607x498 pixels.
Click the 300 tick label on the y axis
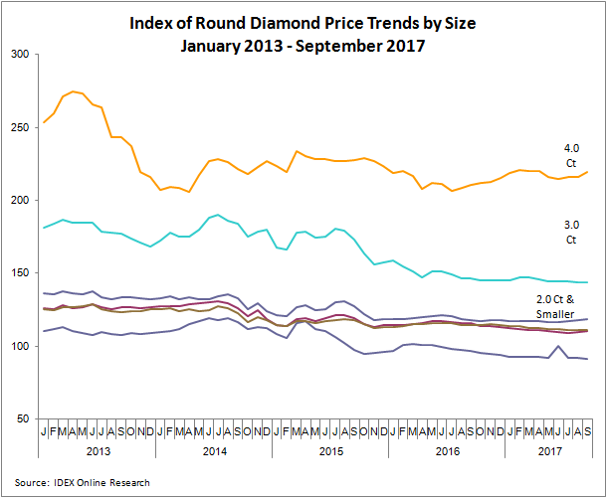pyautogui.click(x=20, y=55)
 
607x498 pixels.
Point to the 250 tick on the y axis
pyautogui.click(x=20, y=127)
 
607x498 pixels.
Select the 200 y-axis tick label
pyautogui.click(x=20, y=200)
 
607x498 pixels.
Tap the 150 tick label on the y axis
pyautogui.click(x=20, y=273)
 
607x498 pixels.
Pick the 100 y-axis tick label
pyautogui.click(x=20, y=346)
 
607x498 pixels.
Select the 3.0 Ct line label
pyautogui.click(x=570, y=233)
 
